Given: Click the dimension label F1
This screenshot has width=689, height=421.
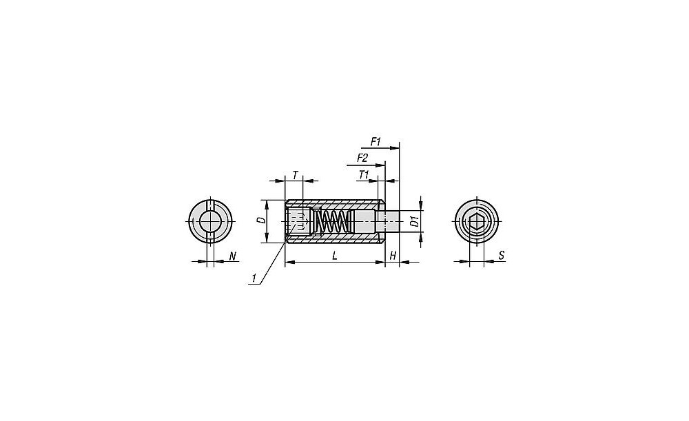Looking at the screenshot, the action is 376,141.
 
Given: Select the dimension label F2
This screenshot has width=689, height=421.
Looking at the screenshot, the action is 362,158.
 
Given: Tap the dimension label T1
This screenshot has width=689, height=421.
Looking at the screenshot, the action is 363,174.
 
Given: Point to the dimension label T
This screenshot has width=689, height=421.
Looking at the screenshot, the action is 296,175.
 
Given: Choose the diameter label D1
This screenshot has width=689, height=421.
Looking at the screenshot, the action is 414,221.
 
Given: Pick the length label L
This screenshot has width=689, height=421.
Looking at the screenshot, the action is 334,256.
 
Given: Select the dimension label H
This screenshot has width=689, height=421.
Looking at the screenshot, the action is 393,256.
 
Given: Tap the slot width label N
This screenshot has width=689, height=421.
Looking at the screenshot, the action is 232,256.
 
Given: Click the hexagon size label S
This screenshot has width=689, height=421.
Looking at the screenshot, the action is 502,256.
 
